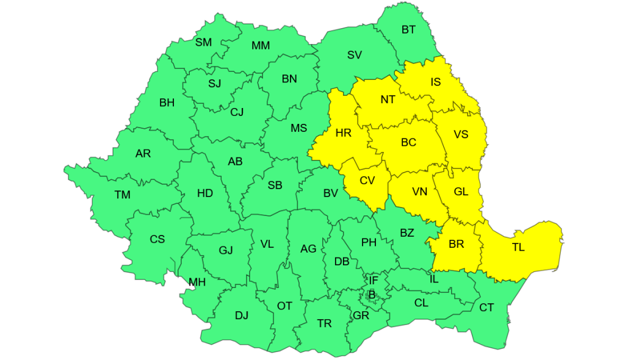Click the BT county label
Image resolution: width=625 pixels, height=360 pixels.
(408, 29)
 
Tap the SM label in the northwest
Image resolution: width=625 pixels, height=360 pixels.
(203, 42)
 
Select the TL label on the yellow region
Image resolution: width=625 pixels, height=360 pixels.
(518, 248)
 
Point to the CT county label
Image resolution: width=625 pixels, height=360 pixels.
(486, 308)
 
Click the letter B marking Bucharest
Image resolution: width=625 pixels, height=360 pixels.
(371, 295)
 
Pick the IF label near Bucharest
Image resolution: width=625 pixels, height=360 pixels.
(374, 280)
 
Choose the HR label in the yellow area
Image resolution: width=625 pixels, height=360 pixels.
(344, 132)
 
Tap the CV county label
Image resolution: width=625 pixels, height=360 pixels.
(367, 180)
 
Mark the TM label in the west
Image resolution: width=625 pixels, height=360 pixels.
(123, 195)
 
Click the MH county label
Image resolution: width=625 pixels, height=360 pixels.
(197, 282)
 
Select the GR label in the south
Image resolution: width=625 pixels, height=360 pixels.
(361, 315)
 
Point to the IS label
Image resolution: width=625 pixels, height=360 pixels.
(435, 82)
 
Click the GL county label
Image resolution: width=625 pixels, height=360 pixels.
(461, 192)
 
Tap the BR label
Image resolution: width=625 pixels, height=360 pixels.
(456, 244)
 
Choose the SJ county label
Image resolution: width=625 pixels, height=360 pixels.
(215, 84)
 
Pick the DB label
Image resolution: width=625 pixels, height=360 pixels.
(342, 262)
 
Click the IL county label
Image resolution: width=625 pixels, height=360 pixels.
(434, 279)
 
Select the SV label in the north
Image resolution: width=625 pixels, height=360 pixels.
(355, 55)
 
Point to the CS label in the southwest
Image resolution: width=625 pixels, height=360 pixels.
(157, 239)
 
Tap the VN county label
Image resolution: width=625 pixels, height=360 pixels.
(419, 192)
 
